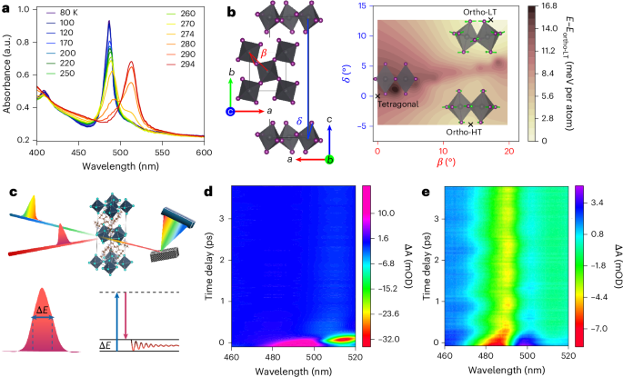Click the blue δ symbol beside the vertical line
300,115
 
